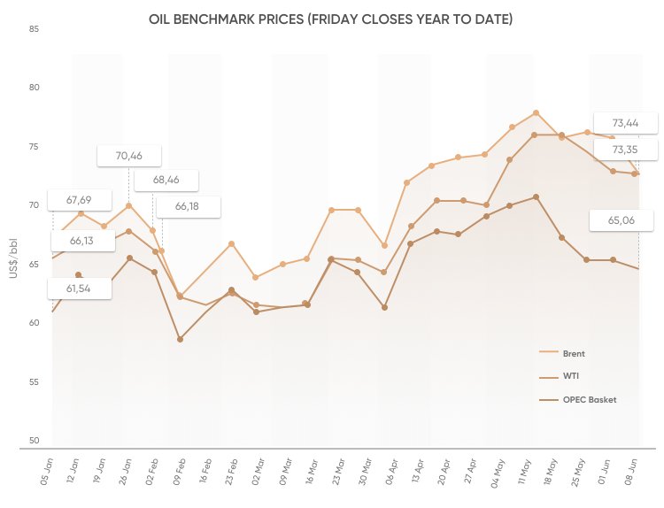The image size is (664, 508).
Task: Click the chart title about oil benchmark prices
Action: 331,19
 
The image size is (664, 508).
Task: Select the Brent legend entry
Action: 573,353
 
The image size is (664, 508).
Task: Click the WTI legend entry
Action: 570,376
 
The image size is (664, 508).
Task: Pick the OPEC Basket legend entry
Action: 589,399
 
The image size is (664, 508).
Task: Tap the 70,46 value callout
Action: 128,156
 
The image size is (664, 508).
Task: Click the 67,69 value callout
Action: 79,199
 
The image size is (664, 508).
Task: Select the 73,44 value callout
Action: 626,122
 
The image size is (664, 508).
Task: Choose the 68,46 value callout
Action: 166,180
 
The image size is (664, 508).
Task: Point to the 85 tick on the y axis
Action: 34,30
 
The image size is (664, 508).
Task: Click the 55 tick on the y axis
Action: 34,381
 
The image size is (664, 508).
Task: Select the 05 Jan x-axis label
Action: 47,467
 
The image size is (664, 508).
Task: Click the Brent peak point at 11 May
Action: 536,113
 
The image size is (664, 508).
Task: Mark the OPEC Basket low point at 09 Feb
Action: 180,339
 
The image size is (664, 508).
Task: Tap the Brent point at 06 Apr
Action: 384,245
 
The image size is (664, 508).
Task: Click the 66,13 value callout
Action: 81,241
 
